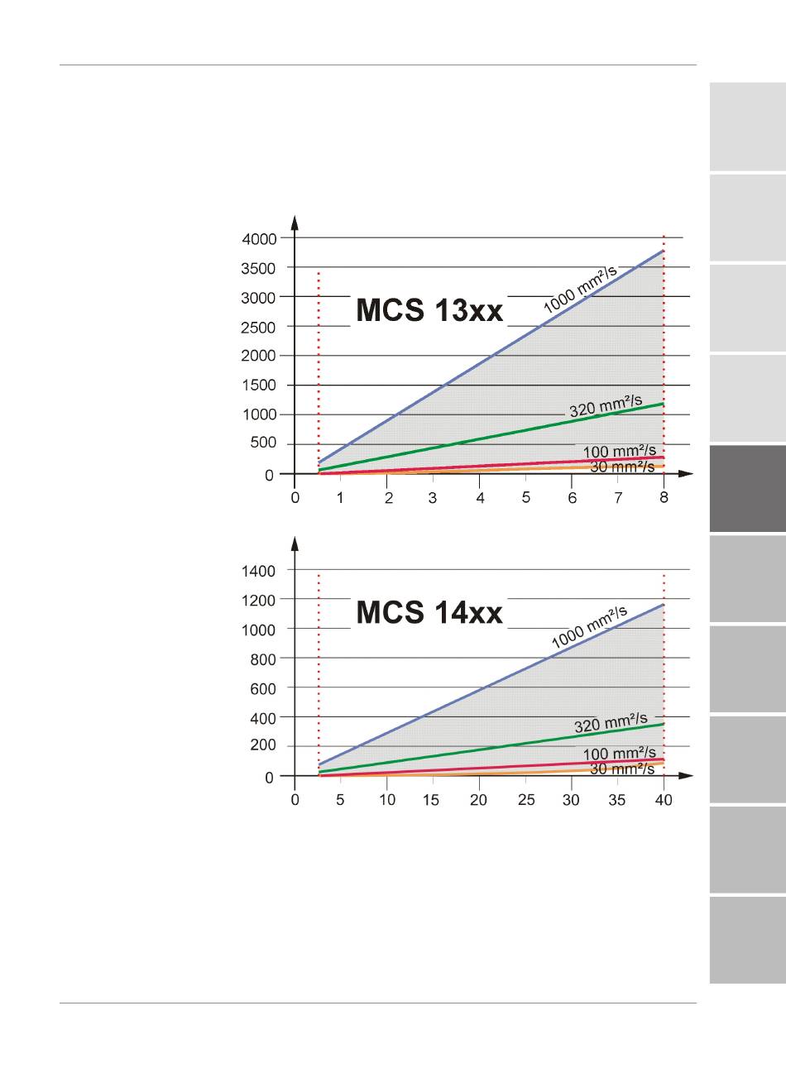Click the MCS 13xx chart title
pos(429,311)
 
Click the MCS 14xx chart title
pos(429,613)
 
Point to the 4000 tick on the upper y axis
pos(259,239)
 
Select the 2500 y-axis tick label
pos(259,328)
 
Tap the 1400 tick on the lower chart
pos(259,571)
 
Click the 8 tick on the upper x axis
pos(664,498)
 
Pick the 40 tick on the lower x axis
pos(664,801)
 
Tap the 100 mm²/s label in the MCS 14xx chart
pos(620,754)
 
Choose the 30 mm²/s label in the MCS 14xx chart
pos(622,769)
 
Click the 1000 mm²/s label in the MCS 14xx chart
pos(589,627)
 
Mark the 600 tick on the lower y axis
pos(262,688)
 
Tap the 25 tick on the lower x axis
pos(526,801)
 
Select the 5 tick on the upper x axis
pos(526,498)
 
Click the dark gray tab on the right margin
pos(747,489)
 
